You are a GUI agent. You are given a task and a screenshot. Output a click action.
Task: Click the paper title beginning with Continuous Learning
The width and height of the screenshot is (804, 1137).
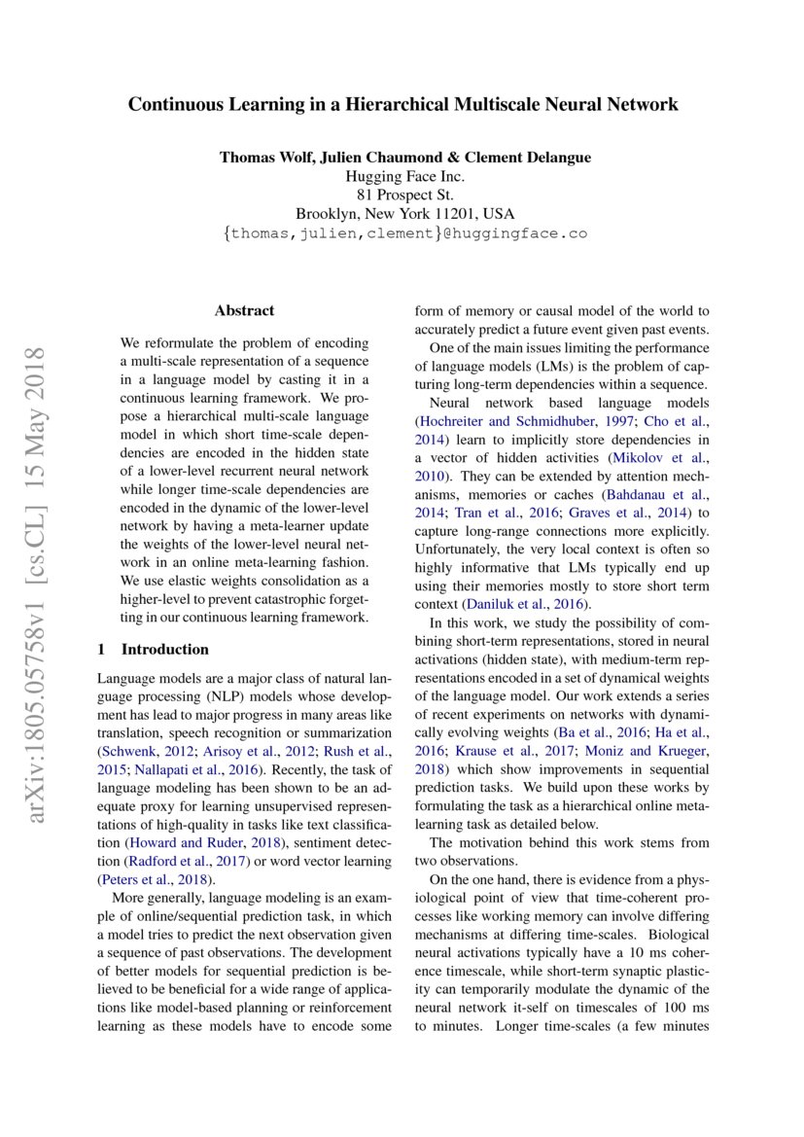pyautogui.click(x=402, y=104)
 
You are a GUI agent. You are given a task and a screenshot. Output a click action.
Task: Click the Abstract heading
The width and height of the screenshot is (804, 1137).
pyautogui.click(x=244, y=311)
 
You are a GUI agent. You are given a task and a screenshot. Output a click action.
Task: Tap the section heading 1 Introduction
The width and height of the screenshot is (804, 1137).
pyautogui.click(x=154, y=649)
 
